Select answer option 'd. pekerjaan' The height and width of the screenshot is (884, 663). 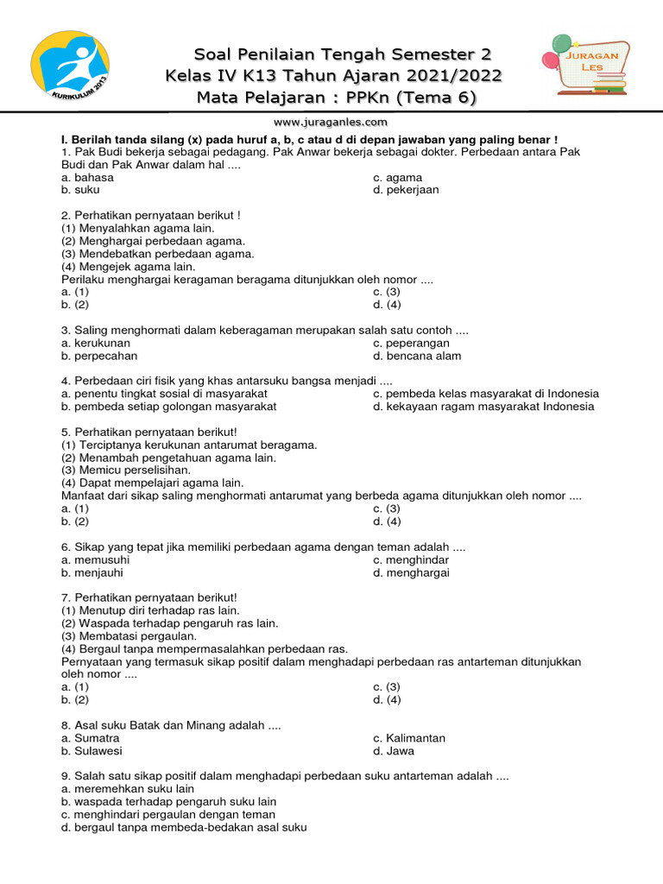click(406, 190)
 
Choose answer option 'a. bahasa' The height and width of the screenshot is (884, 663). click(87, 177)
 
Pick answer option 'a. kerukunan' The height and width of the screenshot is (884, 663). click(96, 343)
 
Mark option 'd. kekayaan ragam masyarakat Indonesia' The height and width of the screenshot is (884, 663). click(483, 407)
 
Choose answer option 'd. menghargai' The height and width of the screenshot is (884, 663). click(411, 572)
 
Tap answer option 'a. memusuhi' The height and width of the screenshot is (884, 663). click(95, 559)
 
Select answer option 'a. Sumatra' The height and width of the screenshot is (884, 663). click(91, 738)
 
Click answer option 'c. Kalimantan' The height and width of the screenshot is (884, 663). click(409, 738)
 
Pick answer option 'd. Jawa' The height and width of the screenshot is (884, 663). click(394, 751)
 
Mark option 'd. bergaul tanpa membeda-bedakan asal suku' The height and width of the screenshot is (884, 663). click(184, 827)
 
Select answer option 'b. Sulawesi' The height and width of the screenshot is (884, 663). click(92, 751)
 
